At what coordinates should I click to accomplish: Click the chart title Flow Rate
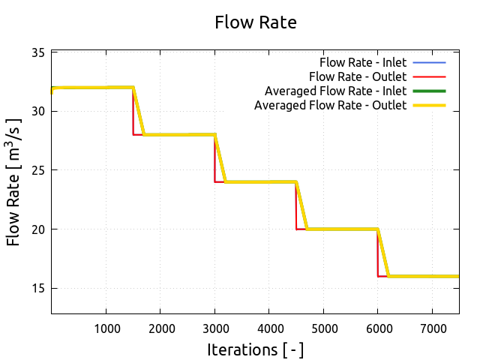256,22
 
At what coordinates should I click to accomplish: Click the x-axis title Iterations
256,349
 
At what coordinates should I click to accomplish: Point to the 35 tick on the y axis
37,52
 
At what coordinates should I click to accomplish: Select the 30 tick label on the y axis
37,111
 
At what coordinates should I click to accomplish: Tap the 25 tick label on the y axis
37,170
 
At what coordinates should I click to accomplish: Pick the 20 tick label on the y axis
37,229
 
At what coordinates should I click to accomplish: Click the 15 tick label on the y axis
37,288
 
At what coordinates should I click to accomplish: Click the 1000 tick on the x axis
106,328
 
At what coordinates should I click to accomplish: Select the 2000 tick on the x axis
160,328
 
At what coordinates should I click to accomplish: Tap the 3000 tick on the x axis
214,328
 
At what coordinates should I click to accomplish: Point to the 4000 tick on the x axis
268,328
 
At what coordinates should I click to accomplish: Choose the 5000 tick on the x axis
323,328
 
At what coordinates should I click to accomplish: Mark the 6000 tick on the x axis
377,328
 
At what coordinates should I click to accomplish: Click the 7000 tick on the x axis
432,328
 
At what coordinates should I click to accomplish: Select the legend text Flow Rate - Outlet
358,76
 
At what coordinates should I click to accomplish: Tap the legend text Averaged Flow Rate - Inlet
335,91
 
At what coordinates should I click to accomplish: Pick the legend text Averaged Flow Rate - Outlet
330,106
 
